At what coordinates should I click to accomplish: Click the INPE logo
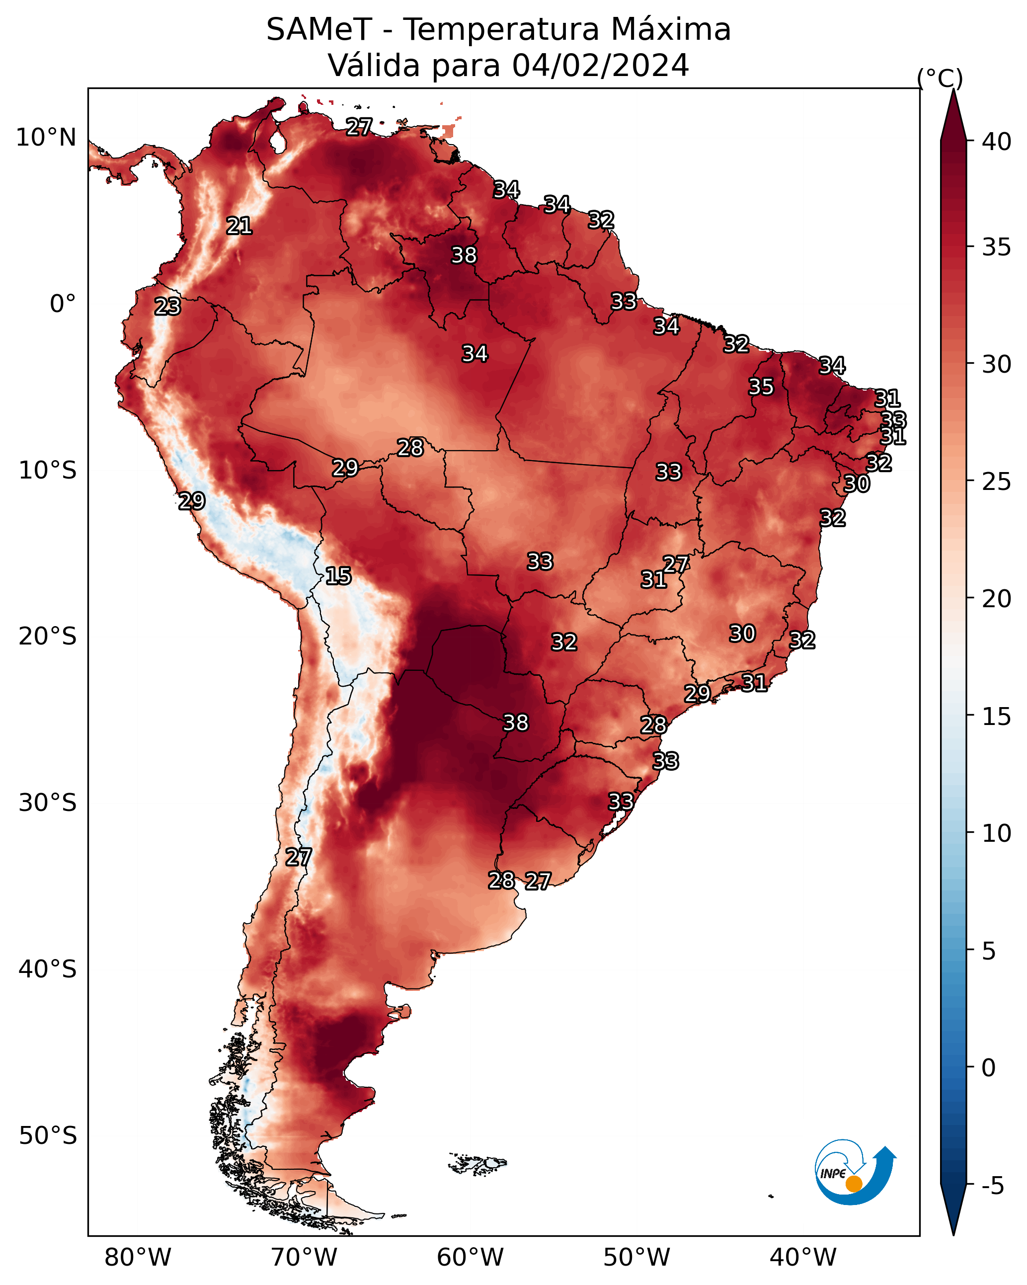pyautogui.click(x=856, y=1172)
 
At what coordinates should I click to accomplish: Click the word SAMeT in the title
pyautogui.click(x=319, y=29)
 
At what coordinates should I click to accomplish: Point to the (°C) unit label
pyautogui.click(x=940, y=78)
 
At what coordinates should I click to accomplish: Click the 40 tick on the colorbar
pyautogui.click(x=997, y=142)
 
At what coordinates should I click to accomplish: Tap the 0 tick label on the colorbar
pyautogui.click(x=989, y=1068)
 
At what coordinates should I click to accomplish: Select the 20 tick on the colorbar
pyautogui.click(x=997, y=598)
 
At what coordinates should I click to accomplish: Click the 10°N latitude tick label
pyautogui.click(x=46, y=138)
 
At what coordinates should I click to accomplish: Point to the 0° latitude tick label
pyautogui.click(x=63, y=304)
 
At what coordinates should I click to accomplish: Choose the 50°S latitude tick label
pyautogui.click(x=48, y=1136)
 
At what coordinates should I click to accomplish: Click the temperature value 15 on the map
pyautogui.click(x=338, y=576)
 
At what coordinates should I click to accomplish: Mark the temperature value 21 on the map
pyautogui.click(x=239, y=226)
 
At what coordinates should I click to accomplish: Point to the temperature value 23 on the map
pyautogui.click(x=167, y=307)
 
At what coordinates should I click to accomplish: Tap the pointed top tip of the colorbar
pyautogui.click(x=953, y=89)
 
